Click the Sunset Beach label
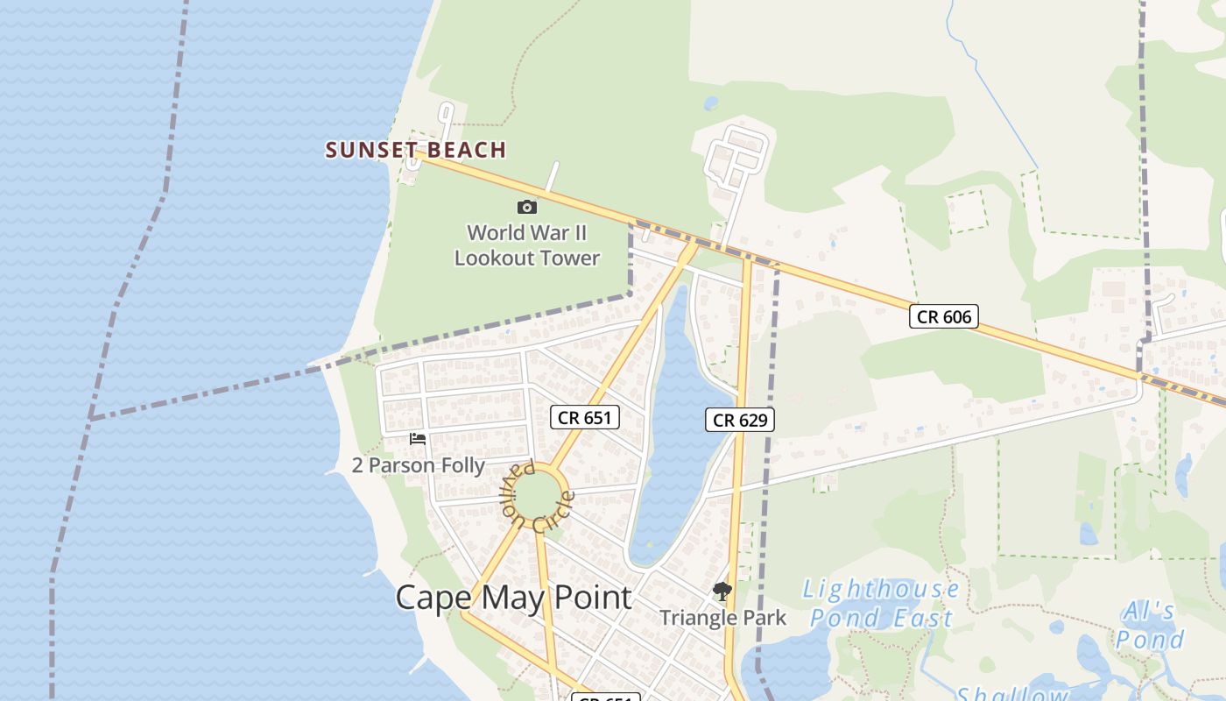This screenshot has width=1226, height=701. tap(416, 150)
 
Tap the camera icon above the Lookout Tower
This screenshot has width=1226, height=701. tap(526, 207)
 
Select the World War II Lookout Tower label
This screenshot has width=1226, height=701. tap(526, 245)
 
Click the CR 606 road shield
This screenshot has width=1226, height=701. tap(943, 316)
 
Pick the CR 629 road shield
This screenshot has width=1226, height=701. tap(740, 421)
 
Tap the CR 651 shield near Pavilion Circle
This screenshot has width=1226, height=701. tap(584, 417)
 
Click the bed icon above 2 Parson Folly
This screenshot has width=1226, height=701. tap(418, 439)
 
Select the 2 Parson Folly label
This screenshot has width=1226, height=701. tap(418, 464)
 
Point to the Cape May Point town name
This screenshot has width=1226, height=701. tap(513, 598)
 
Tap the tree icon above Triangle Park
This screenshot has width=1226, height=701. tap(722, 591)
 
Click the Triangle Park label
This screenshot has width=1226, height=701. tap(722, 618)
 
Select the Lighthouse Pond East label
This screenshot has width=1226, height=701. tap(881, 603)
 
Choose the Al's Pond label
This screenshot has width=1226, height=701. tap(1150, 625)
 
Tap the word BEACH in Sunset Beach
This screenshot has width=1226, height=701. tap(468, 150)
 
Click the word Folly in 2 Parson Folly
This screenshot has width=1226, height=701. tap(462, 464)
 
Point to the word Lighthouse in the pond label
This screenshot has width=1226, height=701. tap(881, 589)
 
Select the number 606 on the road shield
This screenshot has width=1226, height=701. tap(956, 316)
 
